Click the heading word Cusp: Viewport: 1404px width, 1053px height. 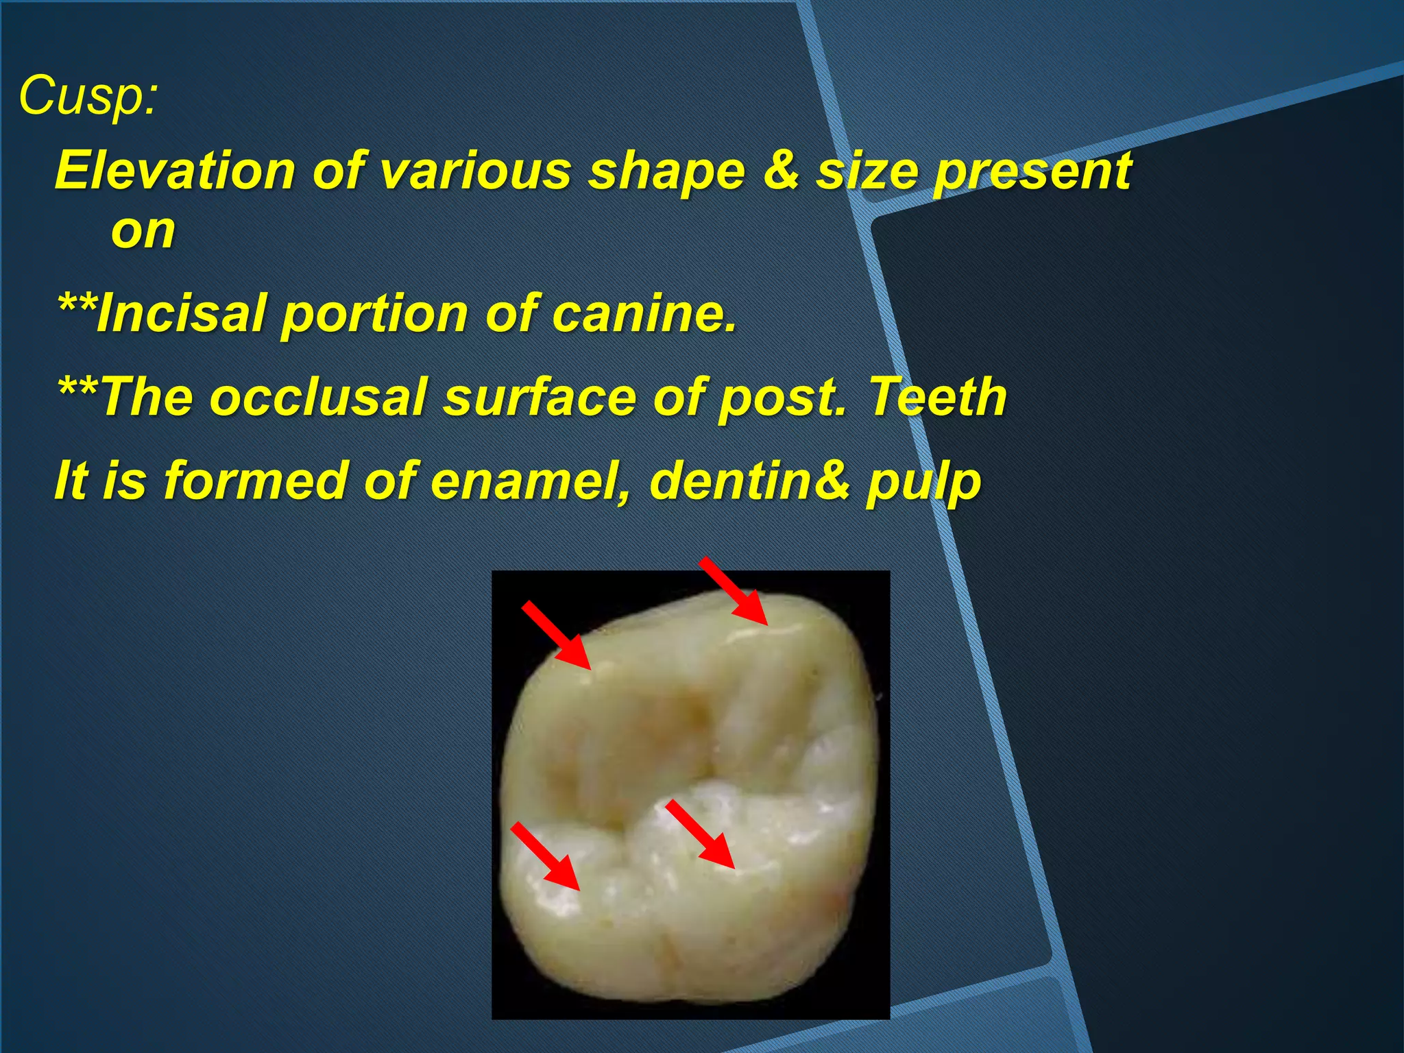click(x=88, y=97)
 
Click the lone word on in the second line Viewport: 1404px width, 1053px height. click(x=143, y=230)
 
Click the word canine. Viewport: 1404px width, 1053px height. click(x=644, y=313)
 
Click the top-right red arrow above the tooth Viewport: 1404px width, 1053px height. click(x=734, y=591)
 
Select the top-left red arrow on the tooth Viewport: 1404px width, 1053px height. click(x=556, y=634)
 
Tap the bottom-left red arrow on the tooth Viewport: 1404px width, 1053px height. click(x=546, y=857)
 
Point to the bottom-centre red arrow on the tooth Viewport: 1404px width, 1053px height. click(x=700, y=834)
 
